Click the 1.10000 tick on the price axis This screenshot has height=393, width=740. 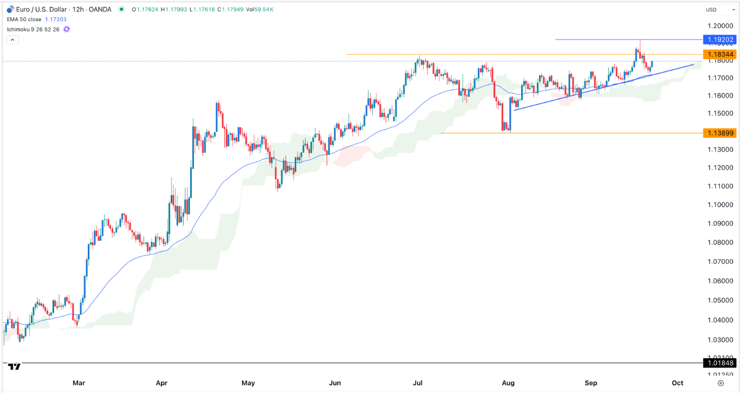coord(720,205)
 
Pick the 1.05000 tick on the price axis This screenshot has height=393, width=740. coord(720,300)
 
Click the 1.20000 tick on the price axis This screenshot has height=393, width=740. coord(720,26)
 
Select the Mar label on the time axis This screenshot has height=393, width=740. coord(79,383)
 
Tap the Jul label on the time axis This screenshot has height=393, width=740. coord(418,383)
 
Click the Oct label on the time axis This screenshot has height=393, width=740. coord(678,383)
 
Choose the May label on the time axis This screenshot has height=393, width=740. coord(248,383)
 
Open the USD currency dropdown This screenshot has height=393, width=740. coord(719,10)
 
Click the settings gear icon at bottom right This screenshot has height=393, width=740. coord(720,383)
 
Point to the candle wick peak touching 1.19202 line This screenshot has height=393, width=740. coord(640,41)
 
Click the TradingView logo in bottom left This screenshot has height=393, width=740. coord(15,367)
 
